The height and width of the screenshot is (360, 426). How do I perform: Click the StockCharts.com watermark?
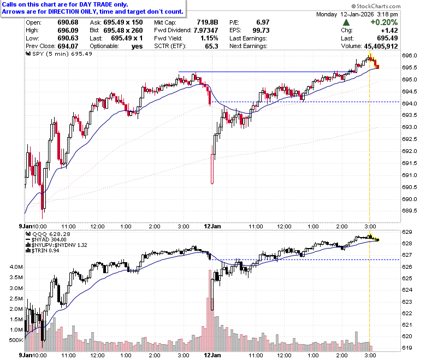[x=376, y=6]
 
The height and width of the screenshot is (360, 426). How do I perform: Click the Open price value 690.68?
[x=68, y=22]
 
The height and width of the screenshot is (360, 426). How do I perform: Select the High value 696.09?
[x=68, y=30]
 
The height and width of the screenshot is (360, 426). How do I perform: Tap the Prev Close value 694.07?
[x=68, y=46]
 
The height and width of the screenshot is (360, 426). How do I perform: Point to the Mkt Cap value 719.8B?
[x=208, y=22]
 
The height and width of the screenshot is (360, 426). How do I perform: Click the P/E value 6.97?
[x=263, y=22]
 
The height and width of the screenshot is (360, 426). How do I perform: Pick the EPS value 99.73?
[x=261, y=30]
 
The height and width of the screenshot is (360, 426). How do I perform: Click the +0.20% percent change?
[x=384, y=22]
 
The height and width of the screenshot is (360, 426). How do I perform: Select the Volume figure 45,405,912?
[x=381, y=46]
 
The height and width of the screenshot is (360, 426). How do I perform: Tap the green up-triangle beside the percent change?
[x=346, y=22]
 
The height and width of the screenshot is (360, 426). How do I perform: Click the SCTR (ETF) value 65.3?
[x=212, y=46]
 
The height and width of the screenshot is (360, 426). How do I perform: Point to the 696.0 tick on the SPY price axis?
[x=410, y=55]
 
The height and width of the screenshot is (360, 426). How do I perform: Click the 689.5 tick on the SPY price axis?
[x=410, y=211]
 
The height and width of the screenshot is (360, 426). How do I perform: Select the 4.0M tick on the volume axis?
[x=16, y=267]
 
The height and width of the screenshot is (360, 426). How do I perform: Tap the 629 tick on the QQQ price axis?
[x=407, y=232]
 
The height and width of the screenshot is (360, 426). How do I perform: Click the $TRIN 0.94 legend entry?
[x=43, y=251]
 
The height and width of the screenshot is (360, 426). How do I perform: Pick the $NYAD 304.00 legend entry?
[x=46, y=240]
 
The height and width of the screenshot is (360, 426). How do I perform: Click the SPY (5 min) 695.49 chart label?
[x=59, y=54]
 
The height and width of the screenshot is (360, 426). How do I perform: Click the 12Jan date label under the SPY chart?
[x=212, y=226]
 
